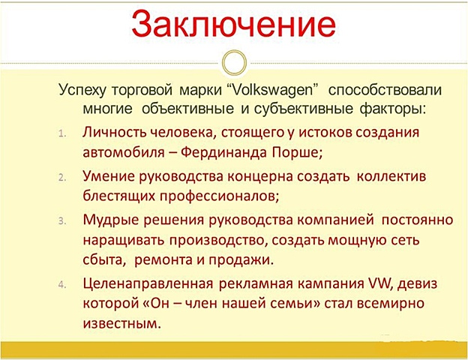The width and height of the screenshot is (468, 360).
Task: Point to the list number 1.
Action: click(64, 133)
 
